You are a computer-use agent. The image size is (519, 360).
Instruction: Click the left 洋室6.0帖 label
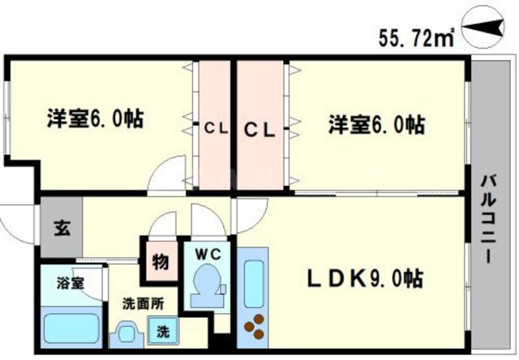pos(95,119)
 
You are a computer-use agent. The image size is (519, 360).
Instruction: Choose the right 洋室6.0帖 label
pos(377,125)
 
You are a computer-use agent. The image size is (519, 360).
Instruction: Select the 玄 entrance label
pos(61,226)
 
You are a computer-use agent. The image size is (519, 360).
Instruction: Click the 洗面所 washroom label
pos(142,304)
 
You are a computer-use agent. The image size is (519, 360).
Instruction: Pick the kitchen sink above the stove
pos(255,280)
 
